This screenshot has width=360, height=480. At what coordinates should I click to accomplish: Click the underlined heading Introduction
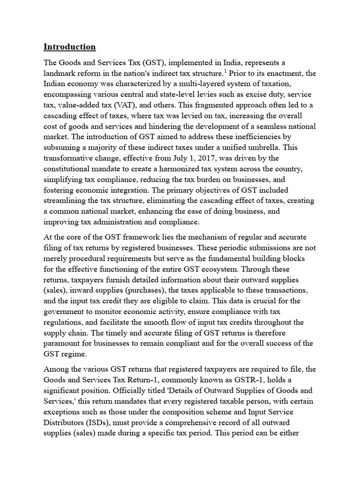click(x=69, y=47)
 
